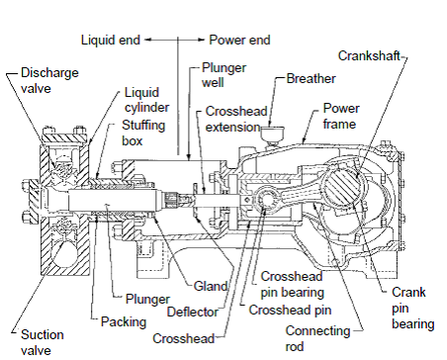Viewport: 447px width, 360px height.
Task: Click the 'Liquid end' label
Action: [x=111, y=40]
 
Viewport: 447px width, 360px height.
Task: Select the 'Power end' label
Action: [x=239, y=40]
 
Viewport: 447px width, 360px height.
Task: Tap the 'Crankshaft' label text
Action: [x=369, y=55]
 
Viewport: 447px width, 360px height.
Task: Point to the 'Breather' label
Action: [x=311, y=79]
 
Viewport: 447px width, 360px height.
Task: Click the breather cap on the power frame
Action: [x=272, y=133]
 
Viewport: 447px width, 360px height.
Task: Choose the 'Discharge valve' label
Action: [x=49, y=80]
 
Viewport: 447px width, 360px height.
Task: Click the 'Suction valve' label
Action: [x=43, y=342]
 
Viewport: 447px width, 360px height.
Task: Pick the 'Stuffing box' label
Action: [x=143, y=133]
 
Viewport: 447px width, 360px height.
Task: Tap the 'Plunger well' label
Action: [x=223, y=75]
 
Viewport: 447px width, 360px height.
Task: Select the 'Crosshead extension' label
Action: [x=236, y=119]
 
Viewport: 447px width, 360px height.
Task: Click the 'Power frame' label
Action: [x=341, y=116]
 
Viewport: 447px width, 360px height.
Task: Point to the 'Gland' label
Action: [x=211, y=286]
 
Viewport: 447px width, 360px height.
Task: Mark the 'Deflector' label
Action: [x=193, y=312]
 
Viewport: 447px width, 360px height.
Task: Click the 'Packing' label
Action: [x=124, y=321]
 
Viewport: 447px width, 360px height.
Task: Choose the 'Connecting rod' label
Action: [x=317, y=338]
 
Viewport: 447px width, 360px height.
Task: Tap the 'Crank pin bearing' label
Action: [x=412, y=308]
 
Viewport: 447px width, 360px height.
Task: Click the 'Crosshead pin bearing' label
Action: [x=292, y=285]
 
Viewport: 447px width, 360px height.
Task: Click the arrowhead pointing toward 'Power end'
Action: [x=201, y=40]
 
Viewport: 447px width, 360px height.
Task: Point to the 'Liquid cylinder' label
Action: [x=146, y=100]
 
